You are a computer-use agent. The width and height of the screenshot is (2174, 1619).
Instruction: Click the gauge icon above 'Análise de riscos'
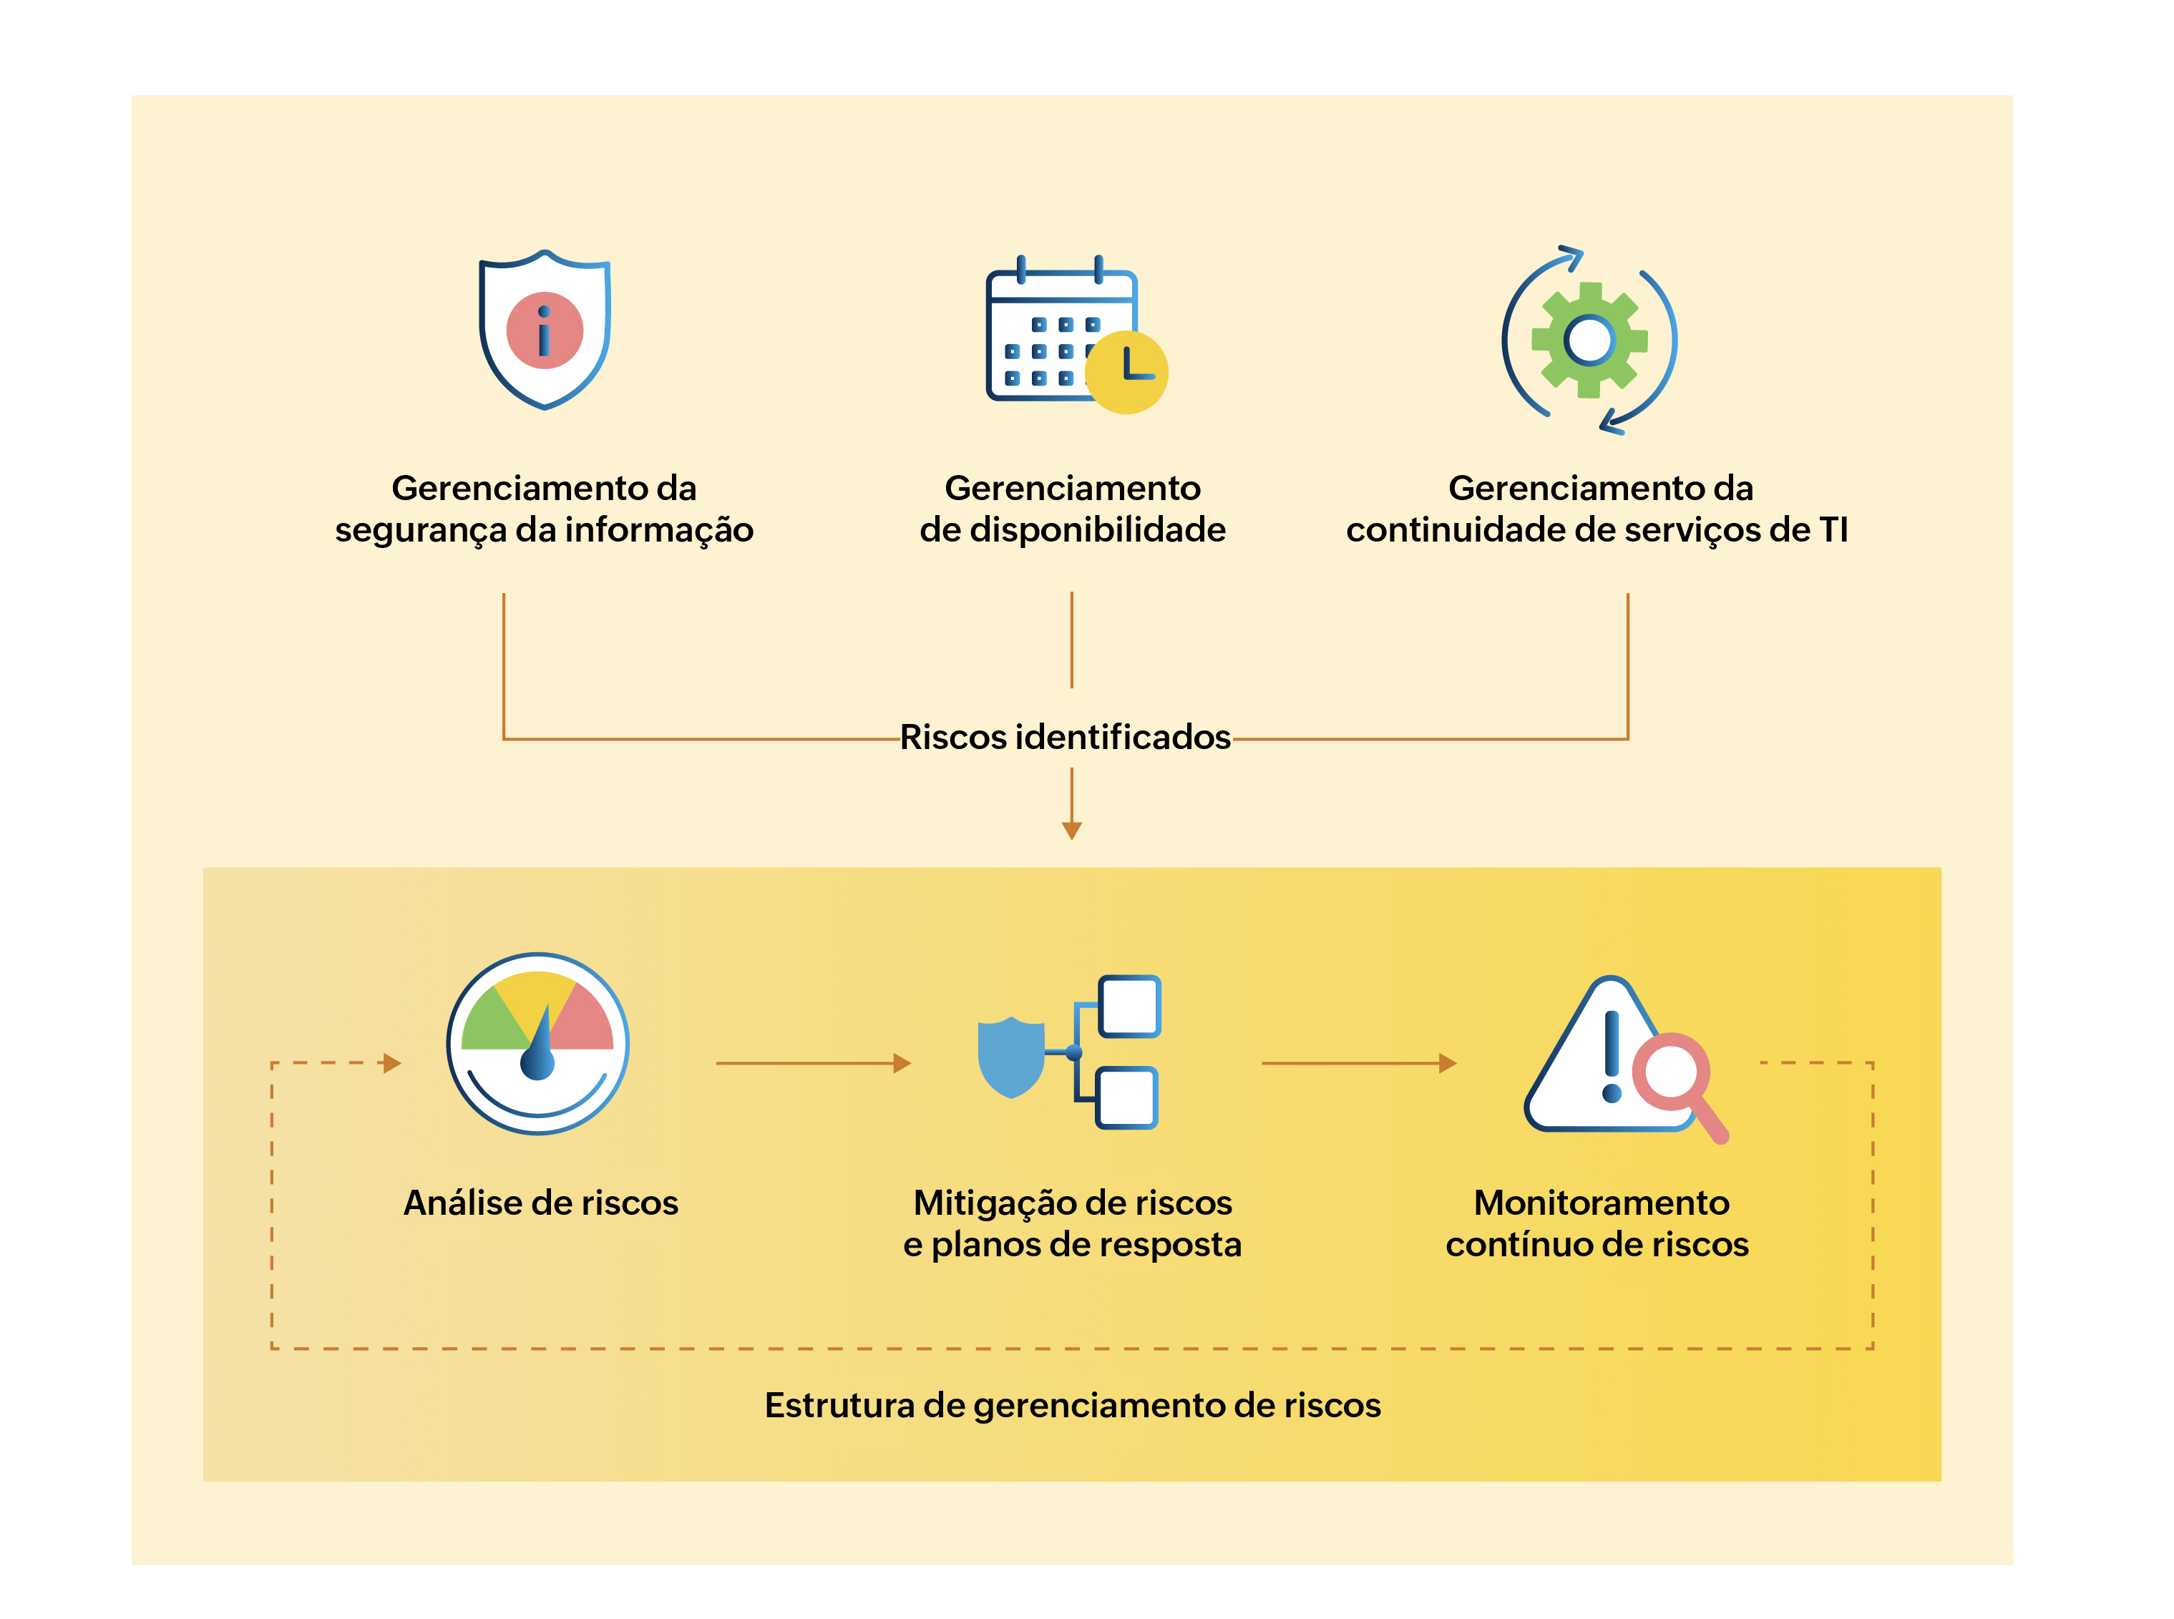coord(537,1043)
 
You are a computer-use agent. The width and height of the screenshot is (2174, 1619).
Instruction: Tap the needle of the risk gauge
coord(538,1045)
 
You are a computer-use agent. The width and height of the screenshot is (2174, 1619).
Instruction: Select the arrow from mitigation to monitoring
coord(1357,1062)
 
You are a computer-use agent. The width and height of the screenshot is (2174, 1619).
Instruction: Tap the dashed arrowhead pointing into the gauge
coord(392,1062)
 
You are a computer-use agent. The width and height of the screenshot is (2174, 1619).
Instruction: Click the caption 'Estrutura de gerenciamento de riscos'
coord(1072,1404)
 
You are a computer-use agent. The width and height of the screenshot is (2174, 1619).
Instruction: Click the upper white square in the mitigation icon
coord(1129,1005)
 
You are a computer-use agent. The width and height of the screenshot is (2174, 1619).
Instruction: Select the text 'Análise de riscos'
coord(540,1203)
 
